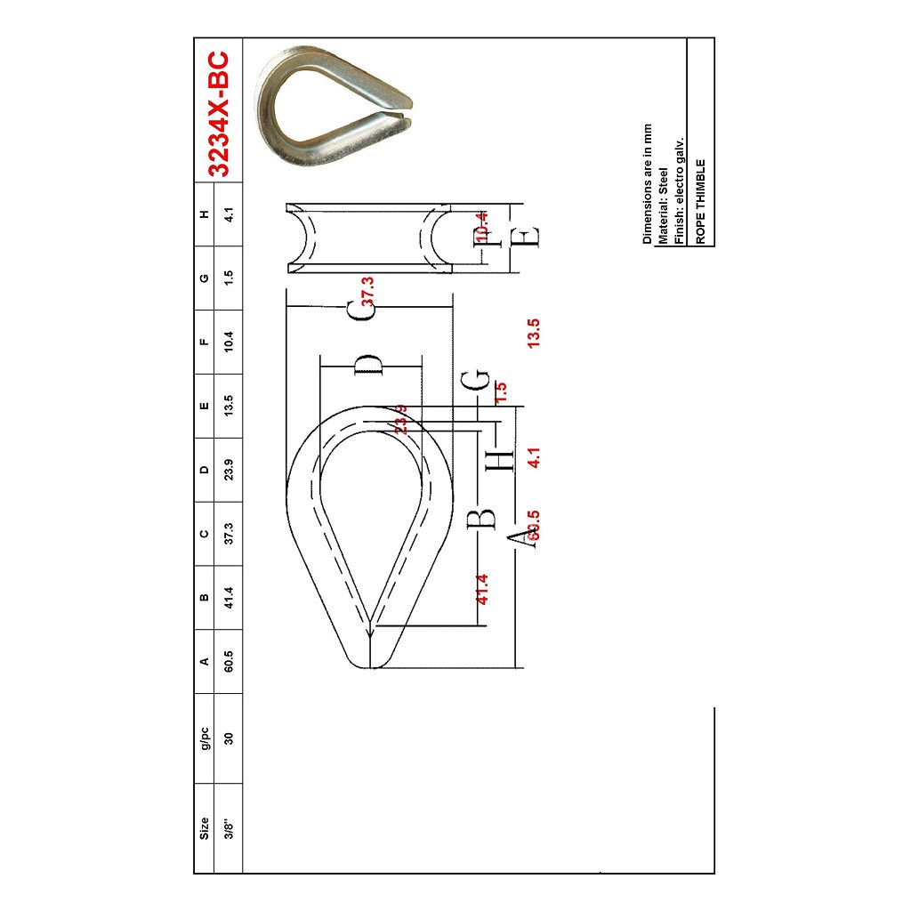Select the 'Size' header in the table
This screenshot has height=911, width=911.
(x=205, y=827)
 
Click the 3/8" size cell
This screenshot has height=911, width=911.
(x=229, y=827)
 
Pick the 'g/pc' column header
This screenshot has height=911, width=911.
(x=205, y=738)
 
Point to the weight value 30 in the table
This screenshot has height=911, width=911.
(x=229, y=738)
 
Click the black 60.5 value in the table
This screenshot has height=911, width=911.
(x=229, y=661)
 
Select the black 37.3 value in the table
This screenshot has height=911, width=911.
(x=229, y=533)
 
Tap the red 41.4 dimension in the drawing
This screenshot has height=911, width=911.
(x=482, y=589)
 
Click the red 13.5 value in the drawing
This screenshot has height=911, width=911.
(x=534, y=333)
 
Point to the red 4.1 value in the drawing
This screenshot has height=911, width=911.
(x=534, y=457)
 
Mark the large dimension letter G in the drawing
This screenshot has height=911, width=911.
(x=476, y=379)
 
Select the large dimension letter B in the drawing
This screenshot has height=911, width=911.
(x=481, y=518)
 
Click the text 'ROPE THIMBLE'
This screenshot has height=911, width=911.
(x=701, y=201)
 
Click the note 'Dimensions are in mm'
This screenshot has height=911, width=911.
(x=648, y=184)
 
